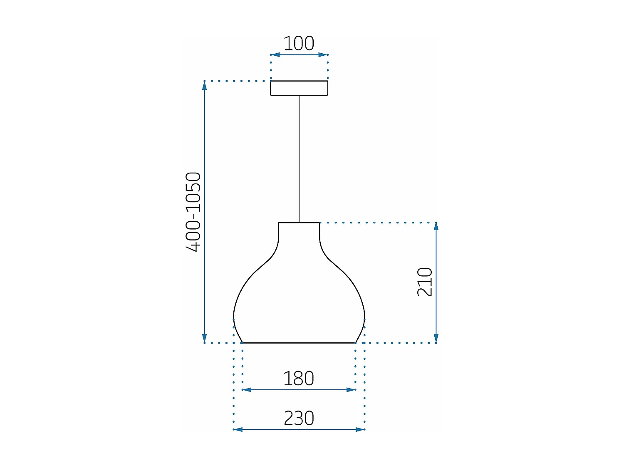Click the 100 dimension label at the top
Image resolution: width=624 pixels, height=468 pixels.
[x=299, y=44]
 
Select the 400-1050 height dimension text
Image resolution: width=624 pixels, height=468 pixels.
[x=193, y=212]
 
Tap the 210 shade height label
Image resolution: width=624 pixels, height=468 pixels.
[x=425, y=282]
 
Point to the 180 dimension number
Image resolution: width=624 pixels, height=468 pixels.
[x=299, y=379]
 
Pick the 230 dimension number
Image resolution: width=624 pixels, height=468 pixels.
[x=299, y=418]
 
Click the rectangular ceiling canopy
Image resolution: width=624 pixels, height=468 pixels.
[x=299, y=88]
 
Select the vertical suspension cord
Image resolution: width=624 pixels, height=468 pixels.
[x=299, y=158]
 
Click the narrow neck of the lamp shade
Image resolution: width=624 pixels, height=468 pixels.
[x=299, y=233]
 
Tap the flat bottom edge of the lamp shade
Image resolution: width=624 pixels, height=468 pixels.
[x=299, y=343]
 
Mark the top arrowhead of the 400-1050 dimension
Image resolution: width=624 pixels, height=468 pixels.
[x=204, y=85]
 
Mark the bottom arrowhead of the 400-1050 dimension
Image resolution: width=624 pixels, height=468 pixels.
[x=204, y=338]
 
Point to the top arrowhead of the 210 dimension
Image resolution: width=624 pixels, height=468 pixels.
[x=436, y=227]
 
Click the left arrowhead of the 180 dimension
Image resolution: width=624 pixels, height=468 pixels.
[x=247, y=390]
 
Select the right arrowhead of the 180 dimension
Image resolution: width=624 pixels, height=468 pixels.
[x=351, y=390]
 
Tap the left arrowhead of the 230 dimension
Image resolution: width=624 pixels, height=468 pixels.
[x=238, y=429]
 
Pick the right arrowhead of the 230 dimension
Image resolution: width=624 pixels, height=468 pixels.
[x=360, y=429]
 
